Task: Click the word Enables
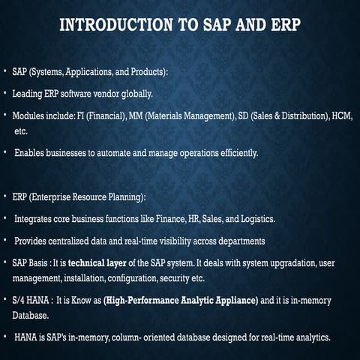[x=31, y=153]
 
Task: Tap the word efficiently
[x=234, y=153]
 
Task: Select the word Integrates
[x=34, y=219]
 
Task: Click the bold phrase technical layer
[x=103, y=263]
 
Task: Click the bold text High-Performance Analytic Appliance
[x=181, y=300]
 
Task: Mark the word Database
[x=32, y=314]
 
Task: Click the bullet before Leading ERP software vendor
[x=5, y=94]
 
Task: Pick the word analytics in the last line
[x=310, y=337]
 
